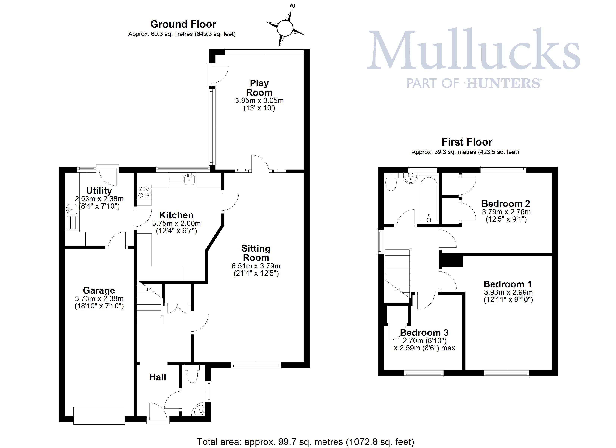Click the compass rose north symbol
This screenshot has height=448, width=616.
(x=285, y=27)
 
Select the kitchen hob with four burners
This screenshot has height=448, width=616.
(x=144, y=192)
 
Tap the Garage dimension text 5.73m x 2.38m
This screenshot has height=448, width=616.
(x=99, y=299)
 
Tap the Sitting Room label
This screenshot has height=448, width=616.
(x=256, y=253)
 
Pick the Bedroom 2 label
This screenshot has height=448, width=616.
(x=506, y=203)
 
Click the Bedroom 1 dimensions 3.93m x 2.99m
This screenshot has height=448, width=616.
(x=508, y=292)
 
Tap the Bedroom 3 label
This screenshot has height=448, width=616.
(x=424, y=332)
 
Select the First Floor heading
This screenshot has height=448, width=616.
(x=467, y=142)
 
